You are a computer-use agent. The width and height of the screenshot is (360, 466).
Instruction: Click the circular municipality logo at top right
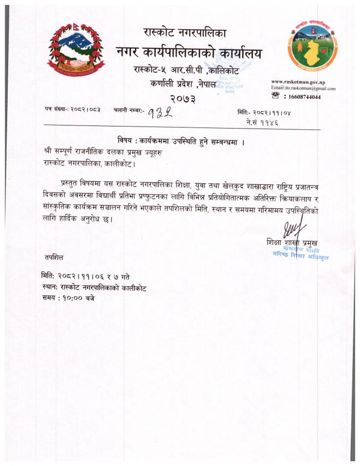coord(312,49)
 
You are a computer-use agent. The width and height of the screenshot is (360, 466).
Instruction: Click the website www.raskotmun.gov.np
coord(298,82)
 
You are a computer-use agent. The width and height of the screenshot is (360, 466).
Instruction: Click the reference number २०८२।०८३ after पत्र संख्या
coord(86,110)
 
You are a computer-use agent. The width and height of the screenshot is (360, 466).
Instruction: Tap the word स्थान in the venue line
coord(51,288)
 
